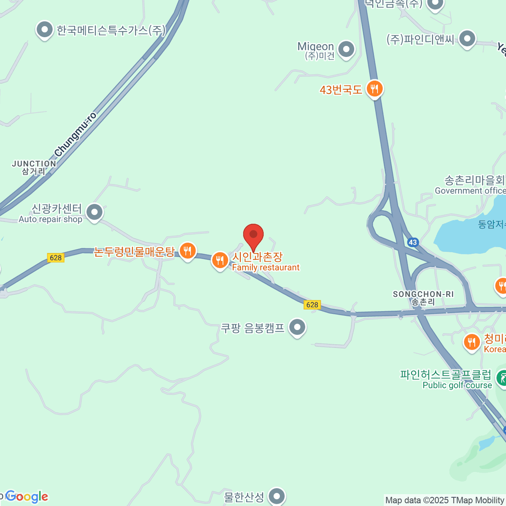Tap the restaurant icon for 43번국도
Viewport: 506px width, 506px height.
pyautogui.click(x=374, y=89)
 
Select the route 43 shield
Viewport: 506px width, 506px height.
pyautogui.click(x=412, y=242)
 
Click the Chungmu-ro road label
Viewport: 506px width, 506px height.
pyautogui.click(x=76, y=134)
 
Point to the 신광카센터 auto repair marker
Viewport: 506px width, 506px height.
pyautogui.click(x=94, y=212)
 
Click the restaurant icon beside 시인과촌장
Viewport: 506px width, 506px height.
pyautogui.click(x=220, y=260)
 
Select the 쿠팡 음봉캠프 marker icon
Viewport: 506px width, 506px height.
pyautogui.click(x=298, y=327)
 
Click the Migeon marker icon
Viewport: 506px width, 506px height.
pyautogui.click(x=346, y=49)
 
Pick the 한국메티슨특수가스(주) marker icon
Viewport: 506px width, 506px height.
pyautogui.click(x=44, y=30)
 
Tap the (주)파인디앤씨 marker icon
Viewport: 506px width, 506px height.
pyautogui.click(x=467, y=39)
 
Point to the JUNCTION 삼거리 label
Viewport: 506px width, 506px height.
pyautogui.click(x=34, y=167)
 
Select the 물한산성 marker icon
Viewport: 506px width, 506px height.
pyautogui.click(x=277, y=496)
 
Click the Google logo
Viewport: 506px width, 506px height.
pyautogui.click(x=27, y=497)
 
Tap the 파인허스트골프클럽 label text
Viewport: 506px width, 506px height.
pyautogui.click(x=446, y=374)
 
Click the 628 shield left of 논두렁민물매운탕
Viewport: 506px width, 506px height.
pyautogui.click(x=56, y=258)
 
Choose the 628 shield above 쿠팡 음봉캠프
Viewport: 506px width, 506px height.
pyautogui.click(x=312, y=304)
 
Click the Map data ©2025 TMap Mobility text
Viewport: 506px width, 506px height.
pyautogui.click(x=445, y=500)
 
